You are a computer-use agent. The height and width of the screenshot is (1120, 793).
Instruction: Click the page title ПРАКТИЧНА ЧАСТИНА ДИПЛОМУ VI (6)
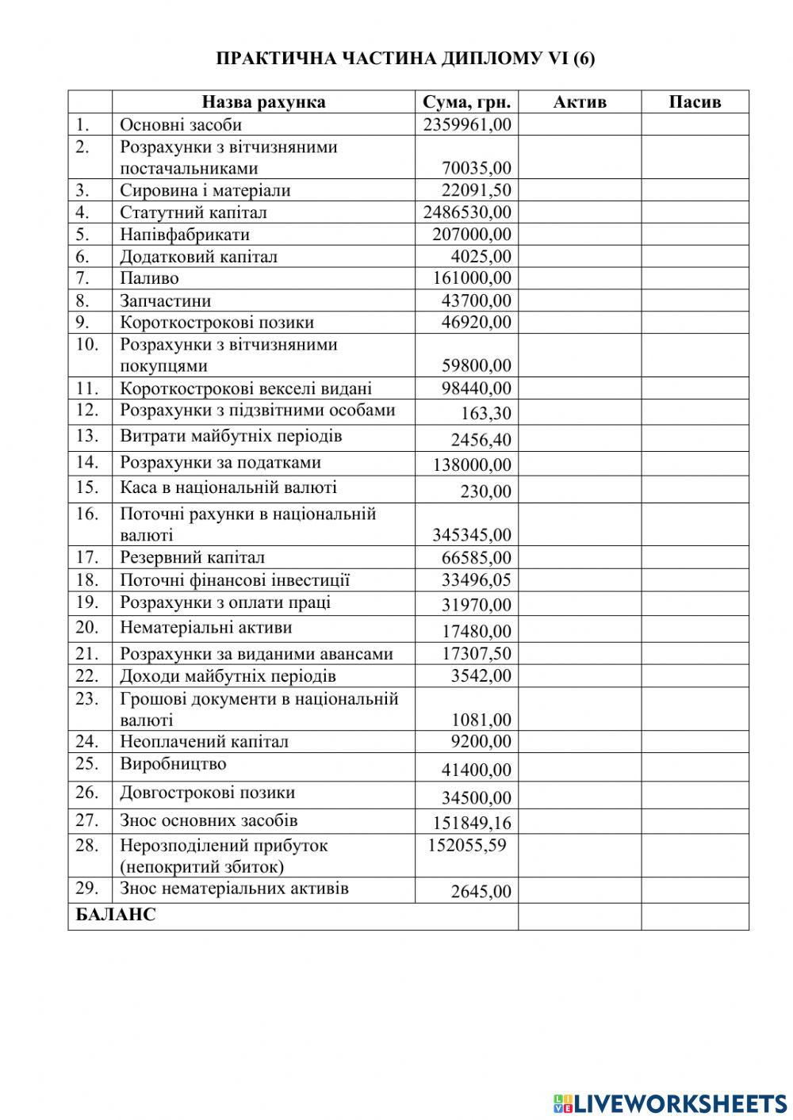pyautogui.click(x=405, y=59)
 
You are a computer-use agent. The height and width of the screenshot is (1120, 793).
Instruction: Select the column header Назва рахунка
pyautogui.click(x=263, y=102)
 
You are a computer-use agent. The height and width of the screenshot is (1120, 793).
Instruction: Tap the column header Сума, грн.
pyautogui.click(x=466, y=102)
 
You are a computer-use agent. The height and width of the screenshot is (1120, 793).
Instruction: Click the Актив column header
pyautogui.click(x=579, y=102)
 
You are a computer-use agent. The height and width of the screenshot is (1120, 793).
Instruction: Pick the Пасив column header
pyautogui.click(x=695, y=102)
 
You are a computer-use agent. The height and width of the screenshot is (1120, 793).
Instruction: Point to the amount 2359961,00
pyautogui.click(x=467, y=124)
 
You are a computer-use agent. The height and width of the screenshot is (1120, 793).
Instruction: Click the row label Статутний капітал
pyautogui.click(x=193, y=212)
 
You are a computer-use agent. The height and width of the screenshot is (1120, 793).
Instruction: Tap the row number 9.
pyautogui.click(x=83, y=322)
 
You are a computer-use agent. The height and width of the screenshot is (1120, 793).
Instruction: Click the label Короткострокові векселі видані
pyautogui.click(x=246, y=388)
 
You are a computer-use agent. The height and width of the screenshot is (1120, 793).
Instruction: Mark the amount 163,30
pyautogui.click(x=486, y=414)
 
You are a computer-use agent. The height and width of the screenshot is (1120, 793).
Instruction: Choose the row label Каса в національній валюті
pyautogui.click(x=228, y=488)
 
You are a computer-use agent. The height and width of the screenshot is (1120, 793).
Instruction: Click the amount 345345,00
pyautogui.click(x=472, y=536)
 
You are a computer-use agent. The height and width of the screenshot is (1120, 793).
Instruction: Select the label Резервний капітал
pyautogui.click(x=193, y=558)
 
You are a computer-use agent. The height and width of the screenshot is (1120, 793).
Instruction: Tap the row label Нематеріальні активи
pyautogui.click(x=206, y=628)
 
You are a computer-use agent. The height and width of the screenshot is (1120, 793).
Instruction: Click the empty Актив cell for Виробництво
pyautogui.click(x=579, y=767)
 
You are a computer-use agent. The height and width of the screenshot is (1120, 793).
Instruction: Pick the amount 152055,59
pyautogui.click(x=466, y=846)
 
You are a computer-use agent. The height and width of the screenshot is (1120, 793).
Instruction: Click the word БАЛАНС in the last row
pyautogui.click(x=116, y=915)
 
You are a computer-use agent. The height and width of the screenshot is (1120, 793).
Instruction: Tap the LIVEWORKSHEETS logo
pyautogui.click(x=669, y=1103)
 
